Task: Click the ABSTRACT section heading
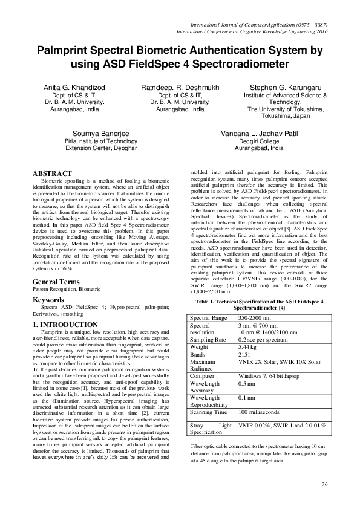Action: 52,173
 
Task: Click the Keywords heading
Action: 48,300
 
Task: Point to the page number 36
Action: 324,484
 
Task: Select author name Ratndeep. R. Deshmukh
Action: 180,88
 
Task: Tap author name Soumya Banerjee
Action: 100,133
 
